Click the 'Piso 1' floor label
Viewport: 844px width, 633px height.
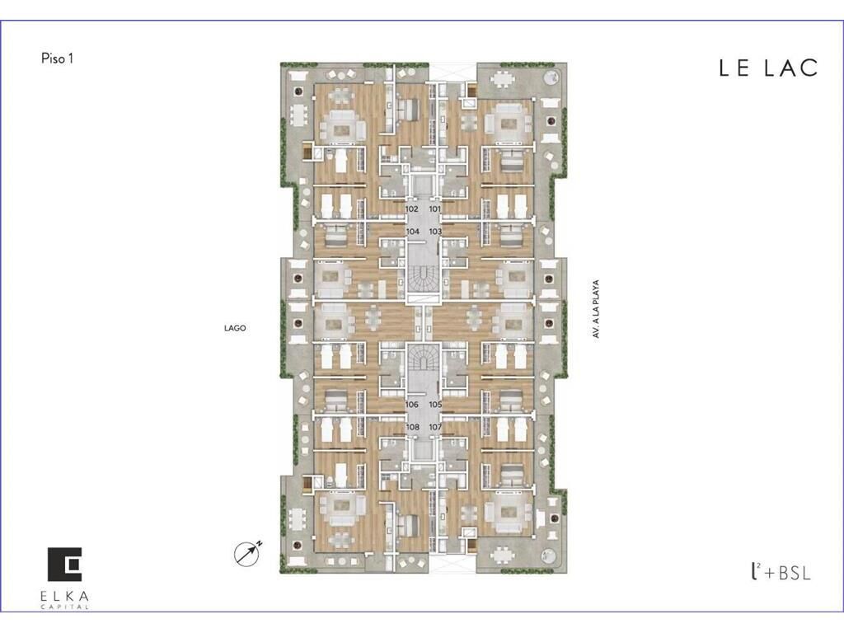point(57,59)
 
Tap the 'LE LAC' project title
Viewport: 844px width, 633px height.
point(768,68)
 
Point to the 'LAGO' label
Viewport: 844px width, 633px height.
point(235,328)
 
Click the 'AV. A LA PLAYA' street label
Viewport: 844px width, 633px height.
point(596,309)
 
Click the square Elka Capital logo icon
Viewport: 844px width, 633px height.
point(64,565)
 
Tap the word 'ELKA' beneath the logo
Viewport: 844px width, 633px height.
point(64,597)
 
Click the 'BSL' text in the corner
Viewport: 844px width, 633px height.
point(794,573)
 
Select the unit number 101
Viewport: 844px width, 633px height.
point(435,209)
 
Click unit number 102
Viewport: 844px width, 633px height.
point(412,209)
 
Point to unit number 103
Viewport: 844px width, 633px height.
point(435,232)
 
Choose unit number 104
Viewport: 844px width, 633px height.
point(412,232)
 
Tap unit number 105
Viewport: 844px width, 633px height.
point(435,404)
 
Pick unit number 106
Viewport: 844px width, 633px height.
point(412,404)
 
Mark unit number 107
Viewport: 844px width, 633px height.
point(435,427)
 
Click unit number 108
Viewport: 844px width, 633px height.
point(412,427)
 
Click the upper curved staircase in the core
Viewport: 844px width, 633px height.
point(423,279)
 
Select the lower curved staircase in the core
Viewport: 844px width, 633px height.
point(423,359)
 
